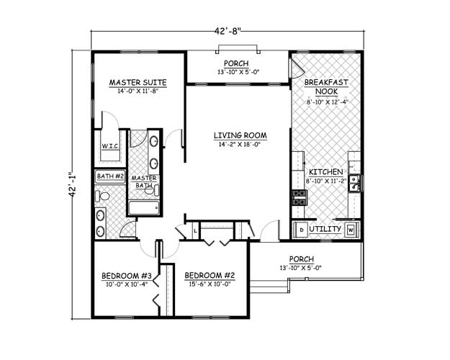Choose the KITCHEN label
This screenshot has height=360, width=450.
coord(325,173)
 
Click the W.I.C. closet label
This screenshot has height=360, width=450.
coord(109,145)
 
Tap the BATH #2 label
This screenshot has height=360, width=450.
coord(110,176)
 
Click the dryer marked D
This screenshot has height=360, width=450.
coord(301,230)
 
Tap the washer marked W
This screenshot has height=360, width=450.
coord(351,230)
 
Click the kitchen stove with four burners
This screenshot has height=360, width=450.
coord(299,196)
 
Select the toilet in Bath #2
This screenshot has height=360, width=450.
coord(103,195)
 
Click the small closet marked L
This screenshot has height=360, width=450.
coord(196,230)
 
